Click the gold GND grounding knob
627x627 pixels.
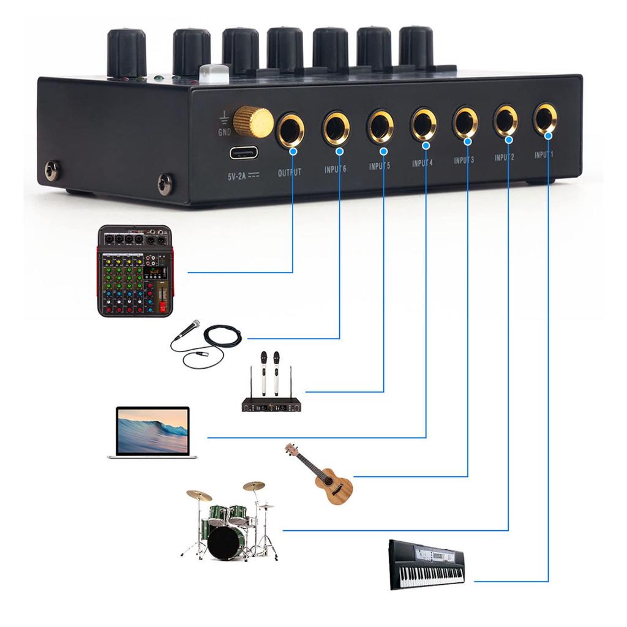point(253,121)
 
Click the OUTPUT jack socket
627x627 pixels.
point(290,129)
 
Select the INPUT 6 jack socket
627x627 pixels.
point(336,127)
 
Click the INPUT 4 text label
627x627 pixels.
point(422,163)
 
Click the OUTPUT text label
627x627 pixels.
point(290,173)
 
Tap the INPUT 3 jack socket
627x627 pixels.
point(465,121)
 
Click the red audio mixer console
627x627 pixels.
point(135,271)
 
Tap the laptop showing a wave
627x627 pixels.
point(152,432)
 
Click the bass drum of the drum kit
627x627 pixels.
point(226,543)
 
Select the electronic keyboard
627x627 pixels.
point(427,565)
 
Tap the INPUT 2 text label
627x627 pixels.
point(504,158)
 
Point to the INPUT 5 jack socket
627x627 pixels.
point(380,125)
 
